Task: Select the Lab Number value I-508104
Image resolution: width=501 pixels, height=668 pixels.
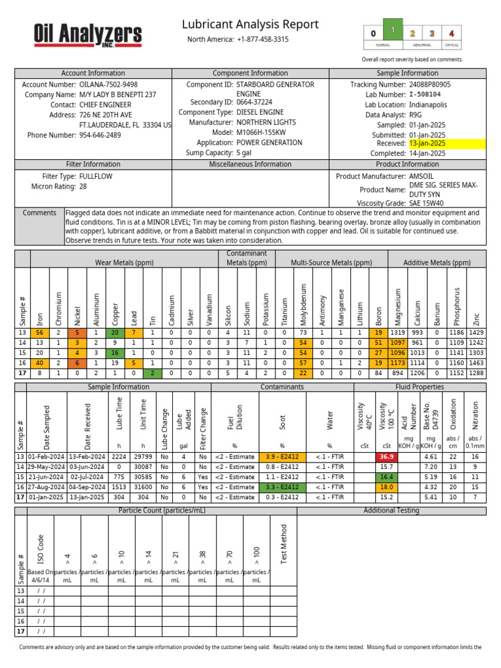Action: point(429,95)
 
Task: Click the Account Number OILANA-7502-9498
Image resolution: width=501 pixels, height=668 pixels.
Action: point(108,85)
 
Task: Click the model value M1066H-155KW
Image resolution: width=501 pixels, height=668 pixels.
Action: point(263,132)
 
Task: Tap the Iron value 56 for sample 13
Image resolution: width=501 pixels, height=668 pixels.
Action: point(40,333)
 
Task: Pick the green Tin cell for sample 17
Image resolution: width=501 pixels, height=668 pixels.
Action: point(153,373)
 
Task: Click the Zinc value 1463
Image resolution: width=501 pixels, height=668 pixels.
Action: point(476,363)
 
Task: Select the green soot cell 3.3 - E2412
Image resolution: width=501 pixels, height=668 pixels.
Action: point(283,487)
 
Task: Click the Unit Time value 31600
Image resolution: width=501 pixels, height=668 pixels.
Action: point(142,487)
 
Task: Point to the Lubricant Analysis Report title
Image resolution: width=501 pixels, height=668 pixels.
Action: point(250,25)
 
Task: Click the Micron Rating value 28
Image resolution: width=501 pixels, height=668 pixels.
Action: point(83,187)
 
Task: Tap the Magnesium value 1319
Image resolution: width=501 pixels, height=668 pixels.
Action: point(398,333)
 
